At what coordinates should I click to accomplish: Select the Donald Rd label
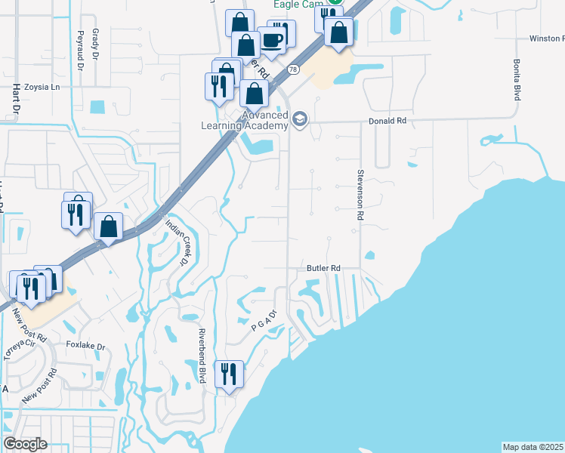click(x=387, y=120)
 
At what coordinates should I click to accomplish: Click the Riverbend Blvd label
click(x=202, y=356)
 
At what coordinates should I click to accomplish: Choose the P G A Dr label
click(x=266, y=322)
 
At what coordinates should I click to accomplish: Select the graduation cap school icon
click(x=300, y=120)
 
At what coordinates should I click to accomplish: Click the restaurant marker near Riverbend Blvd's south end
click(x=228, y=373)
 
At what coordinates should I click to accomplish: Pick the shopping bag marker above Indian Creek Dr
click(x=109, y=226)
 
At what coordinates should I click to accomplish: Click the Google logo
click(x=25, y=444)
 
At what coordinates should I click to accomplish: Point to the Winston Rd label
click(x=546, y=38)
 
